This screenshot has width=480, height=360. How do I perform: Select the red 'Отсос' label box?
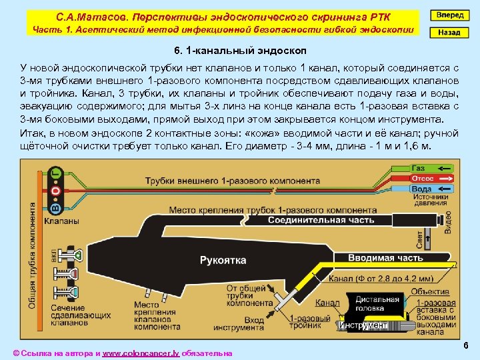pos(422,179)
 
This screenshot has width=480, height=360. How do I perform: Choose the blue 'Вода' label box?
pos(421,189)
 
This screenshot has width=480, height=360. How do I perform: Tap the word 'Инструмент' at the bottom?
pos(363,325)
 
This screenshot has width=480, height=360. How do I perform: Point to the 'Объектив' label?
pos(429,291)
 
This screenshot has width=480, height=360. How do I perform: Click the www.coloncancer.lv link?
pos(141,353)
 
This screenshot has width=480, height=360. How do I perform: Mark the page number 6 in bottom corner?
pos(465,347)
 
